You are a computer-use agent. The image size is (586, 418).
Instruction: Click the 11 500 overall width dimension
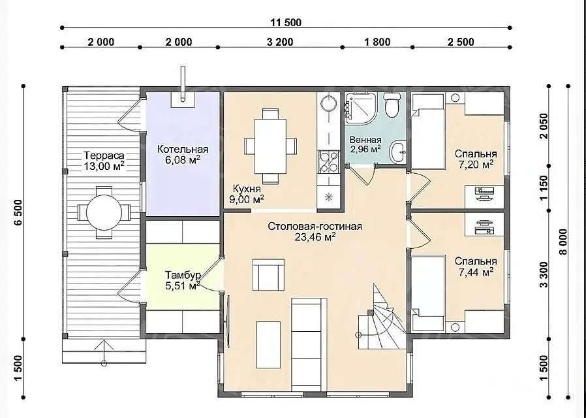[286, 22]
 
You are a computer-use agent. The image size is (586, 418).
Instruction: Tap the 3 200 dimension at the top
[280, 42]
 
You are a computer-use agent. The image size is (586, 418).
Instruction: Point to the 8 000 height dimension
[563, 242]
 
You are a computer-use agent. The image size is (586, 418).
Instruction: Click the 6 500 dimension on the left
[19, 213]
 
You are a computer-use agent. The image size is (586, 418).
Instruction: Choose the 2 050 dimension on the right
[544, 126]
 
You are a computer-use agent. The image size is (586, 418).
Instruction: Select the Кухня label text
[247, 188]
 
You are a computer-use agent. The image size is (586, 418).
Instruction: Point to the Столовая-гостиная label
[315, 227]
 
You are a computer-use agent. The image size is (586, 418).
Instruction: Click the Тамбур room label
[183, 275]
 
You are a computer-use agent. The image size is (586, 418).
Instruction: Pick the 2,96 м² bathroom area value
[365, 149]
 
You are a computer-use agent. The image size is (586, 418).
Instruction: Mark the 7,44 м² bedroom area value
[476, 272]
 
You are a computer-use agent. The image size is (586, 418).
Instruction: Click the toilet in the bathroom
[392, 104]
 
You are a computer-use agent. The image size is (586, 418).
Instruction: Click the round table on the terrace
[104, 213]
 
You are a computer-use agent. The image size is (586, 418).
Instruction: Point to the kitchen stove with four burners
[328, 162]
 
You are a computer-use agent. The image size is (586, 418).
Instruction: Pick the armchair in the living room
[268, 275]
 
